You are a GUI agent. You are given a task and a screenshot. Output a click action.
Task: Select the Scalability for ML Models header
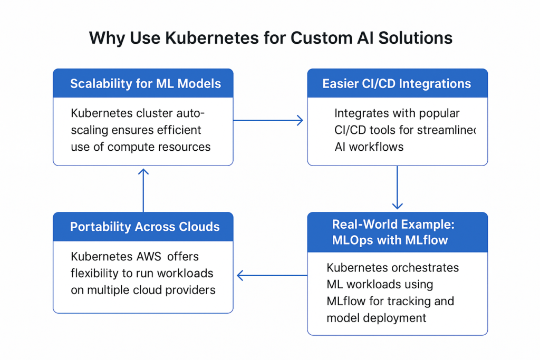142,83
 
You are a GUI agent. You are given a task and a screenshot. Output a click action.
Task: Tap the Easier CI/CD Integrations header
397,83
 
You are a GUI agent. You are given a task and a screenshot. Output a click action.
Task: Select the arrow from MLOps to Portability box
272,275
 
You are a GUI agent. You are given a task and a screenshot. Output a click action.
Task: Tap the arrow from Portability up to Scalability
143,190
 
